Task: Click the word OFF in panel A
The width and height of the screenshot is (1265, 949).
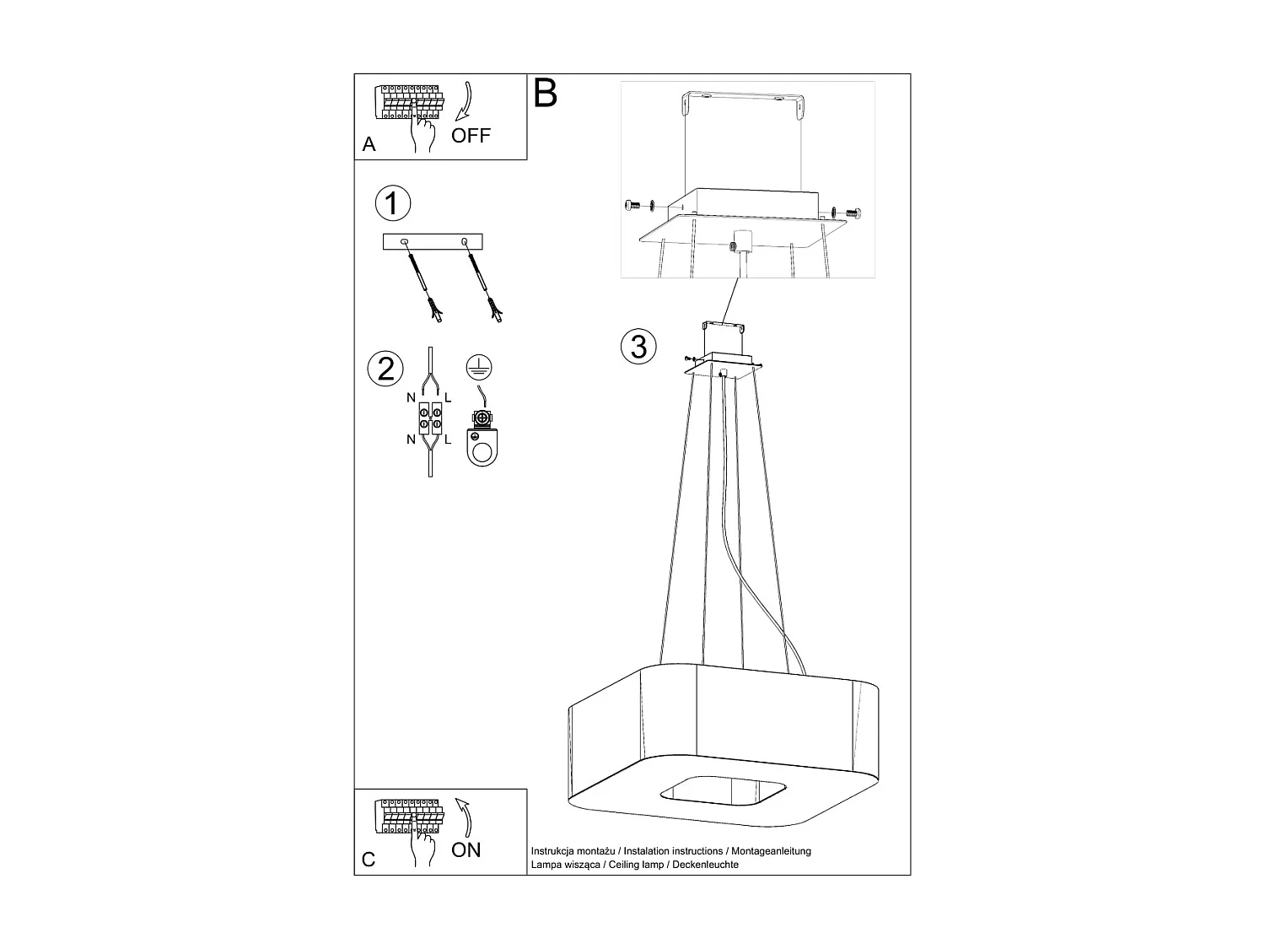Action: (471, 136)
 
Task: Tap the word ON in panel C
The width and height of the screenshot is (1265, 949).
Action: (466, 849)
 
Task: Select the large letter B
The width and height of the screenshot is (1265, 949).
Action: (546, 93)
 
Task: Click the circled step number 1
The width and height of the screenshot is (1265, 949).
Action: (391, 204)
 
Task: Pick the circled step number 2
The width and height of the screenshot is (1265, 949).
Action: (385, 369)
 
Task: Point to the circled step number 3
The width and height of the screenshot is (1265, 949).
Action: (638, 346)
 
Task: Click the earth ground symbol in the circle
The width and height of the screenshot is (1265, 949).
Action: (479, 368)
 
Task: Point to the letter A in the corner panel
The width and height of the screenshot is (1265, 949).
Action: (369, 145)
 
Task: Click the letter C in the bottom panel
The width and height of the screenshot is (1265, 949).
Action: (369, 860)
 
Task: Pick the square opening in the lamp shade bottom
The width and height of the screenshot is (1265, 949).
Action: (722, 790)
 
